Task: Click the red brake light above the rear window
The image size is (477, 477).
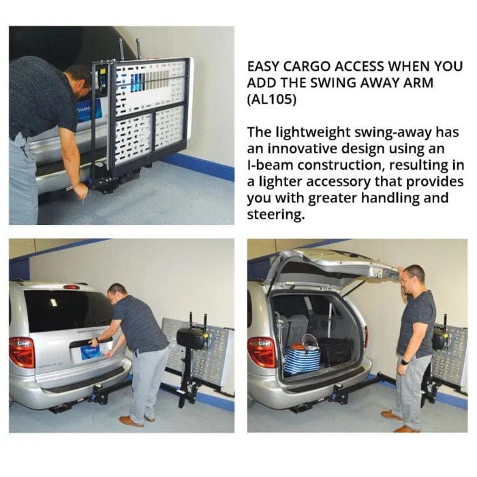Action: coord(71,287)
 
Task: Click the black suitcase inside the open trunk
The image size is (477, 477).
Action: coord(336,352)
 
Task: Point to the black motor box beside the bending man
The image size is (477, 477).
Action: coord(191,338)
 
